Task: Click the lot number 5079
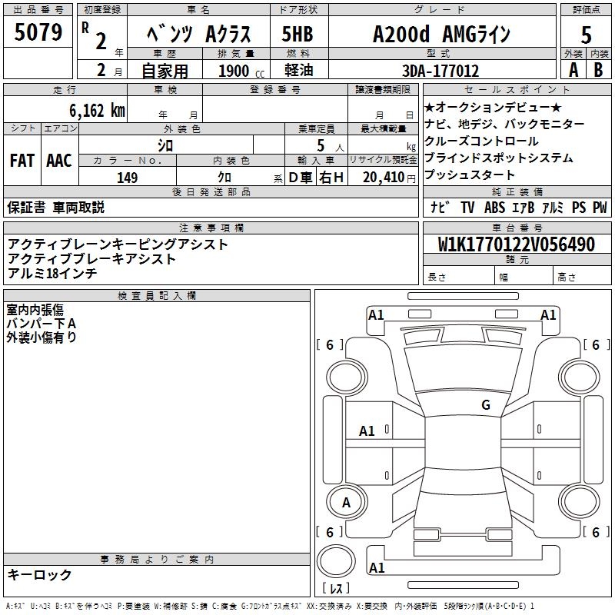click(x=40, y=34)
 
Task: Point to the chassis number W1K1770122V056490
click(x=517, y=244)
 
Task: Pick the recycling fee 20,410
click(x=383, y=178)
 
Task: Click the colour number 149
click(x=128, y=178)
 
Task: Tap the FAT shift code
click(x=22, y=161)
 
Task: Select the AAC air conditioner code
click(x=58, y=161)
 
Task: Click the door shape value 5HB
click(x=298, y=35)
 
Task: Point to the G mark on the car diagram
click(x=485, y=405)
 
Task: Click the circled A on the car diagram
click(x=346, y=503)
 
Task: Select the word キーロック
click(x=40, y=575)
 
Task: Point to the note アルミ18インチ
click(x=52, y=274)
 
